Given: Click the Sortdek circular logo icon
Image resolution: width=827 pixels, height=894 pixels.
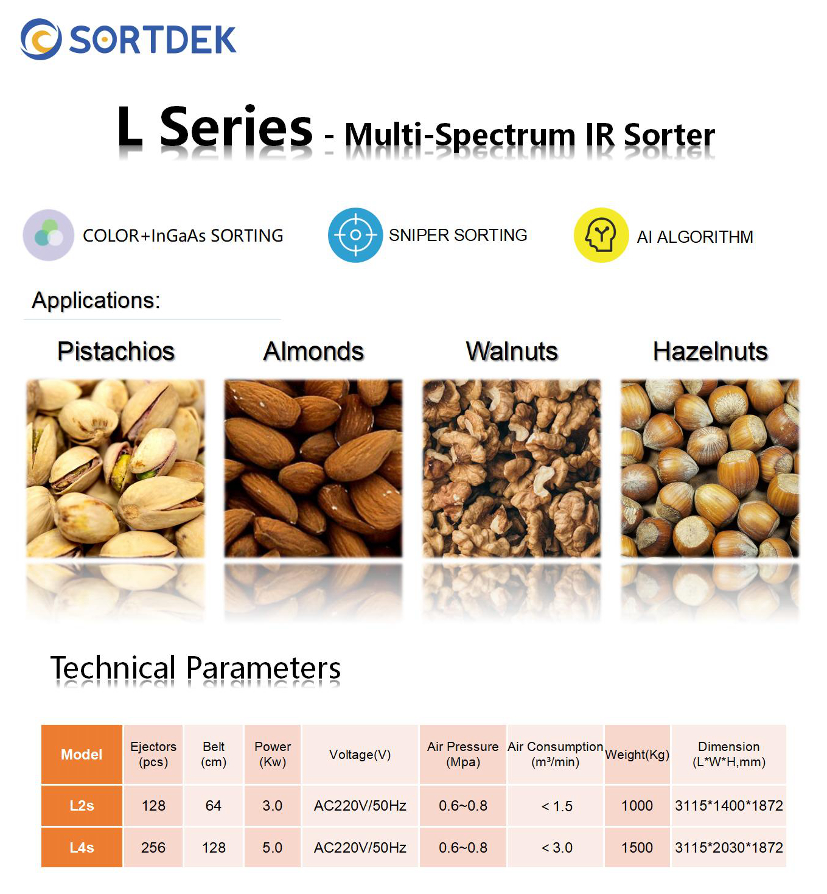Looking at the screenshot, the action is pos(41,39).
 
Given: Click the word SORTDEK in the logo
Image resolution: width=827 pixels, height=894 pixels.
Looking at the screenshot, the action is pos(153,40).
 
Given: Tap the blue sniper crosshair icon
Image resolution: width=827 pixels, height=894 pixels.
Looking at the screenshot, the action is pos(355,235).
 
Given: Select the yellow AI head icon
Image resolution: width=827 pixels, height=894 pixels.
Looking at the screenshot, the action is pos(601,235).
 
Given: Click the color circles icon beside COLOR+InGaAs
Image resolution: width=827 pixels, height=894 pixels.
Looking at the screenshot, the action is pos(49,235).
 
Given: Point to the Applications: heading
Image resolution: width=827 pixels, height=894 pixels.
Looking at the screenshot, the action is pos(96,300).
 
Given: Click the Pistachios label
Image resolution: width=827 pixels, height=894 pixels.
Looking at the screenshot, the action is pos(116,351).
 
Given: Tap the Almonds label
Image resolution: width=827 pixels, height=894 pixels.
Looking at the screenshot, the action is pos(313,351).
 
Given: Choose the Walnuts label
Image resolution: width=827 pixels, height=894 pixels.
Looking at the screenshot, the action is pos(512,351).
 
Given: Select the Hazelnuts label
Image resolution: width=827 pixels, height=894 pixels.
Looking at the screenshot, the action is pos(710,351).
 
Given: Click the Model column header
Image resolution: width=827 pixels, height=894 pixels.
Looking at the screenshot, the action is pos(82,755).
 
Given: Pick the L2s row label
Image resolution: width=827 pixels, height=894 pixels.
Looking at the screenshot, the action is pos(82,805).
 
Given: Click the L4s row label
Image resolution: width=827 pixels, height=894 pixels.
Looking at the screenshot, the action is pos(82,848).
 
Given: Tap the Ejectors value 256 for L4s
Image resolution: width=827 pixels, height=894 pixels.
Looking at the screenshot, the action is pos(153,848).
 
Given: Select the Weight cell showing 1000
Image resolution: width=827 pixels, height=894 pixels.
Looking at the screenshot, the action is pos(637,805).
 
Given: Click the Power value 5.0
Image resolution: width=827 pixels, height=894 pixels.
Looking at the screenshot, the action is pos(273,848).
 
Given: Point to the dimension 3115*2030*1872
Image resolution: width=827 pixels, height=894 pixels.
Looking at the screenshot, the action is pos(729,848).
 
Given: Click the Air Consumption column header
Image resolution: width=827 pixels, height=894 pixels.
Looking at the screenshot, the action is pos(555,755).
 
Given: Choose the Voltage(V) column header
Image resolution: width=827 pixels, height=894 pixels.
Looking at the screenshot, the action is pos(360,755).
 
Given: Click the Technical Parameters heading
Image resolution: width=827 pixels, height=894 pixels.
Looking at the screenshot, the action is pos(195,668).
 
